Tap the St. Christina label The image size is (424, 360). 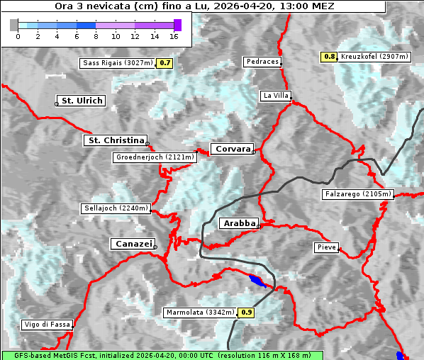pos(116,140)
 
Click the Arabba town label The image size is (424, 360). pos(238,223)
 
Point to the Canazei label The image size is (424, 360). pos(132,244)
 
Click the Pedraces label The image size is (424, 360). pos(262,62)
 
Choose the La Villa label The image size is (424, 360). pos(275,95)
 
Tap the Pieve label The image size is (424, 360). pos(326,247)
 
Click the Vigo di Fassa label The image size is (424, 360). pos(47,325)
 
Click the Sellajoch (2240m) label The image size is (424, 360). pos(116,208)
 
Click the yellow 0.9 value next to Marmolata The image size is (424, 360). pos(246,312)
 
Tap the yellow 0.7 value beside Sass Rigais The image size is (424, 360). pos(165,63)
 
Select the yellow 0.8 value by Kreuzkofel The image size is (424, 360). pos(329,56)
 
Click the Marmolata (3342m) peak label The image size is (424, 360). pos(201,312)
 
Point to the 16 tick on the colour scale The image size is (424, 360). pos(174,35)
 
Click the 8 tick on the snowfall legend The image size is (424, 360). pos(96,35)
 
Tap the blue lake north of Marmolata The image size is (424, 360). pos(256,281)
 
